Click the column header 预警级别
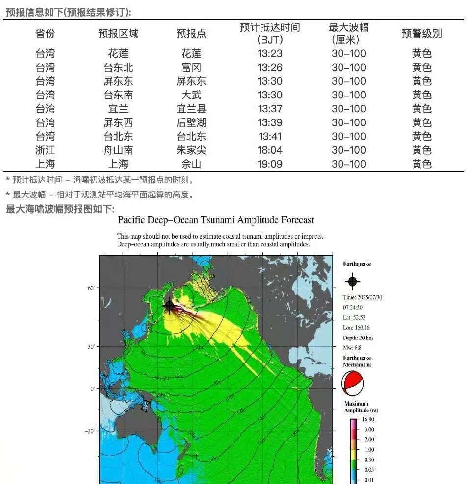tap(421, 34)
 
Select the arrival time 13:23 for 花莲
tap(270, 54)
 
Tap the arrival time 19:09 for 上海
tap(270, 164)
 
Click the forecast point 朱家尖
tap(191, 150)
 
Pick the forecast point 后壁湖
tap(191, 123)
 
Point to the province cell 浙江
tap(45, 150)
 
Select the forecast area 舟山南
tap(118, 150)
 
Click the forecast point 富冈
tap(191, 68)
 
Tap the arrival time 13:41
tap(270, 137)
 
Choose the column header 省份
tap(45, 34)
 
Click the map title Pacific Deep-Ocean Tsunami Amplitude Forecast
tap(216, 220)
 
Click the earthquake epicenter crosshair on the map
tap(170, 306)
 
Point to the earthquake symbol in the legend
tap(352, 281)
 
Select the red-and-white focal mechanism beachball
tap(353, 384)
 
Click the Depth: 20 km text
tap(358, 338)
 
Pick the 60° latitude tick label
tap(91, 288)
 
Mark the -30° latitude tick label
tap(90, 431)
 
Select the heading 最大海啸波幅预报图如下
tap(60, 210)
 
